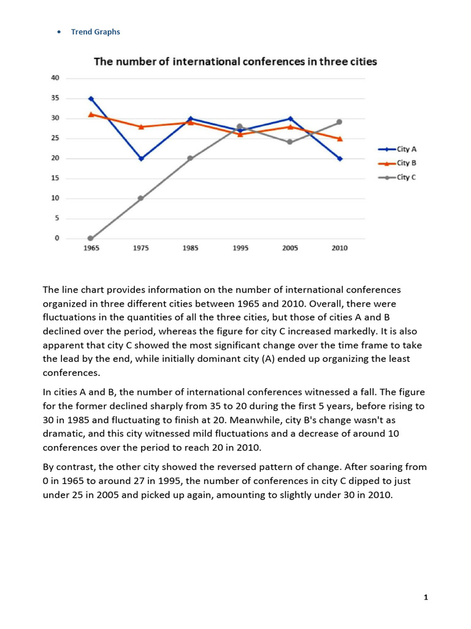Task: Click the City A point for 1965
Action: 91,98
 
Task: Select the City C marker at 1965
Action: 91,238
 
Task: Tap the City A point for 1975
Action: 141,158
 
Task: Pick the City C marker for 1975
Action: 141,198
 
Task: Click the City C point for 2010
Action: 339,122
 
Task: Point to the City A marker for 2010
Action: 339,158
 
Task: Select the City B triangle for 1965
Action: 91,114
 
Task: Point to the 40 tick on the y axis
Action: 55,78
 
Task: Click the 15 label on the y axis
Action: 55,178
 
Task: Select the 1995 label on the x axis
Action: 240,248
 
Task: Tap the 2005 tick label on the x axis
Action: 290,248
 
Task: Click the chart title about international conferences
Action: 235,62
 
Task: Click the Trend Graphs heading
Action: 96,32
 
